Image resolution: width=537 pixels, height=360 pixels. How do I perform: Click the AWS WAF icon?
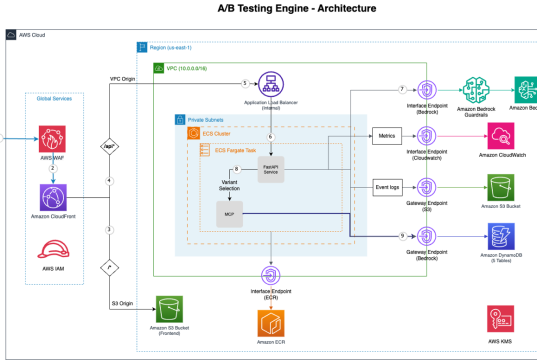pyautogui.click(x=53, y=138)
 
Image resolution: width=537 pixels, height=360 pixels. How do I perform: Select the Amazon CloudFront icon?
pyautogui.click(x=53, y=197)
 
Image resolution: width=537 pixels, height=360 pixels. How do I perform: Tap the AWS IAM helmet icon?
pyautogui.click(x=53, y=254)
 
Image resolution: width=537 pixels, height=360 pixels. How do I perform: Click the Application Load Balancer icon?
pyautogui.click(x=268, y=82)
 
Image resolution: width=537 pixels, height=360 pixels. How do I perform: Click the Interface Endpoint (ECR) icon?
pyautogui.click(x=270, y=275)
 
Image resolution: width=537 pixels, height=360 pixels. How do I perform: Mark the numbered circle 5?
pyautogui.click(x=245, y=82)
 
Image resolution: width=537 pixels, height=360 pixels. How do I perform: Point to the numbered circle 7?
pyautogui.click(x=401, y=89)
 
